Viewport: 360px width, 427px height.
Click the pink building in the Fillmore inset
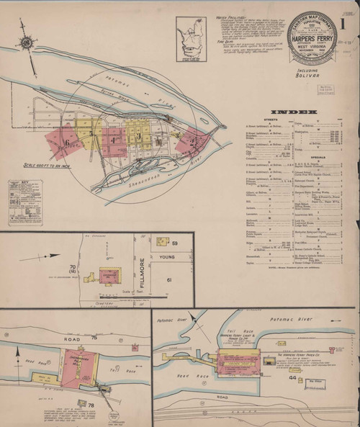[x=107, y=277]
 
